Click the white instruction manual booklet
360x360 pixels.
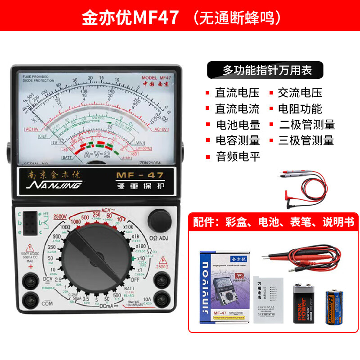pos(269,299)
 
